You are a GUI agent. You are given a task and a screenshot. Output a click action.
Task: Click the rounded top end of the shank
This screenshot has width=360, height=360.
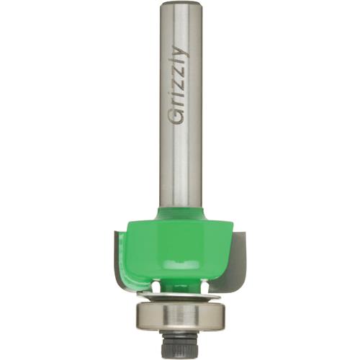click(x=180, y=6)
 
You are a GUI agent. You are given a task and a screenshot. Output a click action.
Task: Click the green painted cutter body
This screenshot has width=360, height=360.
click(x=180, y=245)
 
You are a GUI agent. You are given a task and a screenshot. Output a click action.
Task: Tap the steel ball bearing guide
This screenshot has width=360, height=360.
click(x=180, y=317)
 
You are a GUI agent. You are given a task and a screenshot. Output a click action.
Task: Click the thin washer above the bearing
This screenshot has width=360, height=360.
click(x=180, y=295)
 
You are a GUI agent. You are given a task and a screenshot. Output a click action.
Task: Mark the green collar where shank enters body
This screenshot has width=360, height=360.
click(x=180, y=210)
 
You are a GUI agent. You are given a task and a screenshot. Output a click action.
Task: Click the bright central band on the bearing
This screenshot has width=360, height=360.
click(x=180, y=315)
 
